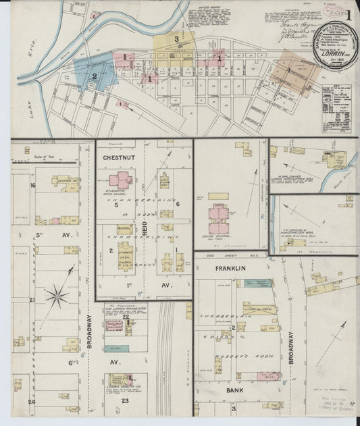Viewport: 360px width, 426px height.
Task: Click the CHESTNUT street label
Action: click(x=122, y=157)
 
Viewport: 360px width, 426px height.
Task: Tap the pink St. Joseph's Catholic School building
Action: click(x=122, y=180)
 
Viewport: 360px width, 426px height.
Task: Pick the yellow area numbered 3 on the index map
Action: click(x=176, y=41)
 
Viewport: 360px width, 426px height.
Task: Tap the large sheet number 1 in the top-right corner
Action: click(x=348, y=15)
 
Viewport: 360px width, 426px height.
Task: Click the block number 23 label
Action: click(x=125, y=400)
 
